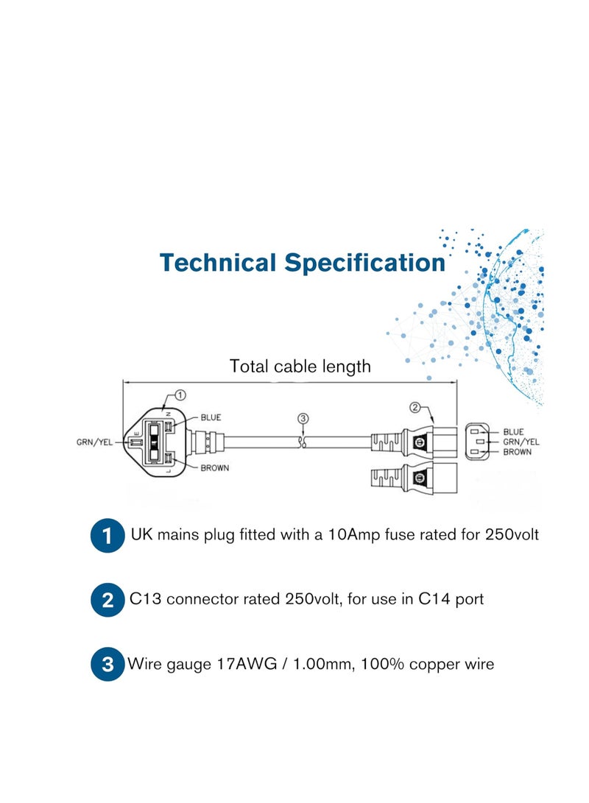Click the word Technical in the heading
coord(218,263)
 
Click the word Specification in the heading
coord(364,263)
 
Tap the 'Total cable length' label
coord(300,366)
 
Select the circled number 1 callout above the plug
coord(180,395)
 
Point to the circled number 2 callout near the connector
coord(415,408)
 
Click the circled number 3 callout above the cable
coord(303,418)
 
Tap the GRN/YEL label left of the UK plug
coord(94,442)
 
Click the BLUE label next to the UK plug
coord(211,417)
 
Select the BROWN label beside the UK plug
coord(214,467)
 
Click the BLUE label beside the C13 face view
coord(513,432)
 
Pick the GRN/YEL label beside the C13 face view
coord(521,442)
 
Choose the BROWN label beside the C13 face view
coord(518,452)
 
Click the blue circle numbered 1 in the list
coord(107,536)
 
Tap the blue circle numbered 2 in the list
coord(107,600)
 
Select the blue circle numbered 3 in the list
coord(107,664)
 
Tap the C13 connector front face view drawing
coord(477,442)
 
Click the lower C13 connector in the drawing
coord(414,479)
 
